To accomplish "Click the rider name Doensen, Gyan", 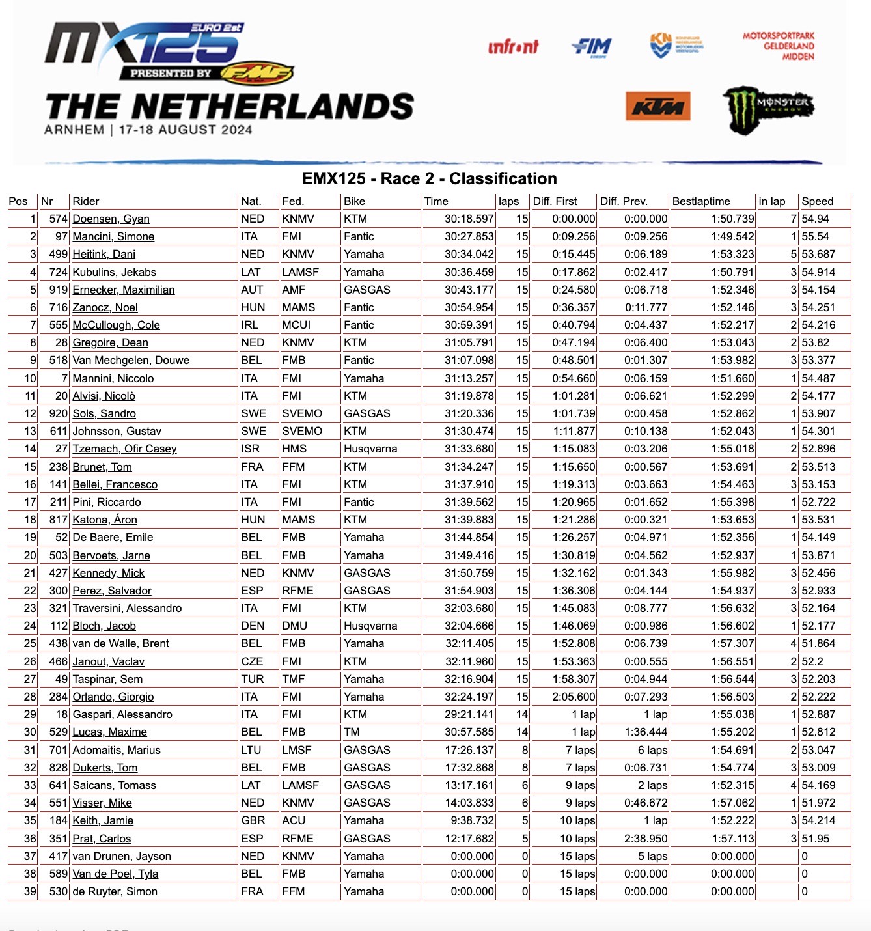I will coord(111,219).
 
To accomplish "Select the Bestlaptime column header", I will coord(701,201).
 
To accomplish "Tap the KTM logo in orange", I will coord(657,106).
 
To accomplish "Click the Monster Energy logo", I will coord(767,108).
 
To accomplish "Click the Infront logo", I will coord(513,47).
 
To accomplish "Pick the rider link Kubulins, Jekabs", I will coord(114,272).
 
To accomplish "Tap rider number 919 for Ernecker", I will coord(59,290).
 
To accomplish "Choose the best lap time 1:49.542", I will coord(732,236).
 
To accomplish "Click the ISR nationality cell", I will coord(250,449).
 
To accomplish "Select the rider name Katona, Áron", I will coord(105,520).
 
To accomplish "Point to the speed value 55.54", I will coord(815,236).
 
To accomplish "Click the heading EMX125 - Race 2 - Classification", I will coord(429,178).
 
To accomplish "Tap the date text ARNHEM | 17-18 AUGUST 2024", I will coord(148,130).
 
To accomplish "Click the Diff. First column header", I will coord(555,201).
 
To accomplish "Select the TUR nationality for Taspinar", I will coord(252,679).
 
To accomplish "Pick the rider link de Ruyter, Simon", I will coord(115,891).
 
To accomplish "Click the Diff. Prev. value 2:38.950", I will coord(646,839).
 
